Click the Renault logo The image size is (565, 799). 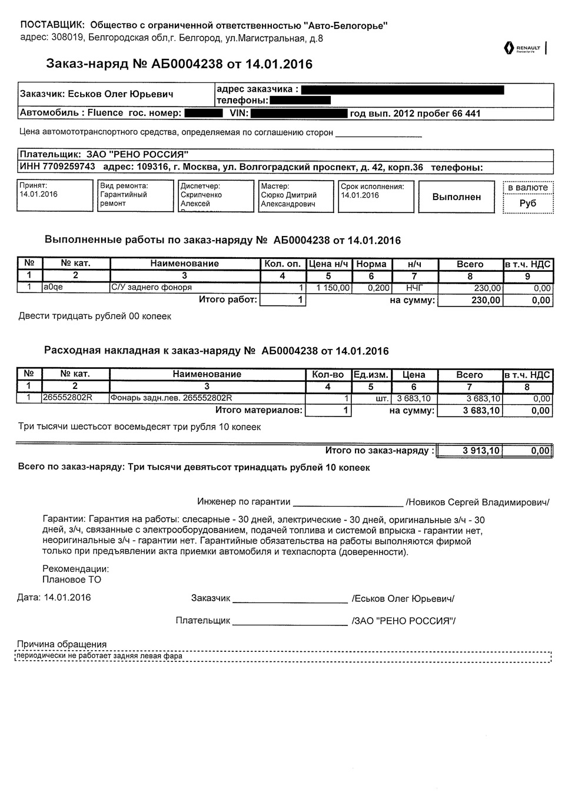point(522,48)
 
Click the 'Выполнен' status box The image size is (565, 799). point(456,197)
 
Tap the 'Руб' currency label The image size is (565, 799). point(528,204)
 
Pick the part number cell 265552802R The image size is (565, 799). point(68,398)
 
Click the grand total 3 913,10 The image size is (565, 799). point(481,451)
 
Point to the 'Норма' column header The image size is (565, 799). point(371,264)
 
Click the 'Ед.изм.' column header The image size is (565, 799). point(371,375)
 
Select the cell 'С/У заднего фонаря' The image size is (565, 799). point(152,288)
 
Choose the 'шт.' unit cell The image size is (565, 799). point(382,399)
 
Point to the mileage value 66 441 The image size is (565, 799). point(467,114)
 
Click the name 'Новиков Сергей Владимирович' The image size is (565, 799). point(477,502)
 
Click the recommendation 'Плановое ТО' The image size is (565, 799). point(72,580)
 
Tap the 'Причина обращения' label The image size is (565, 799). point(62,644)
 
